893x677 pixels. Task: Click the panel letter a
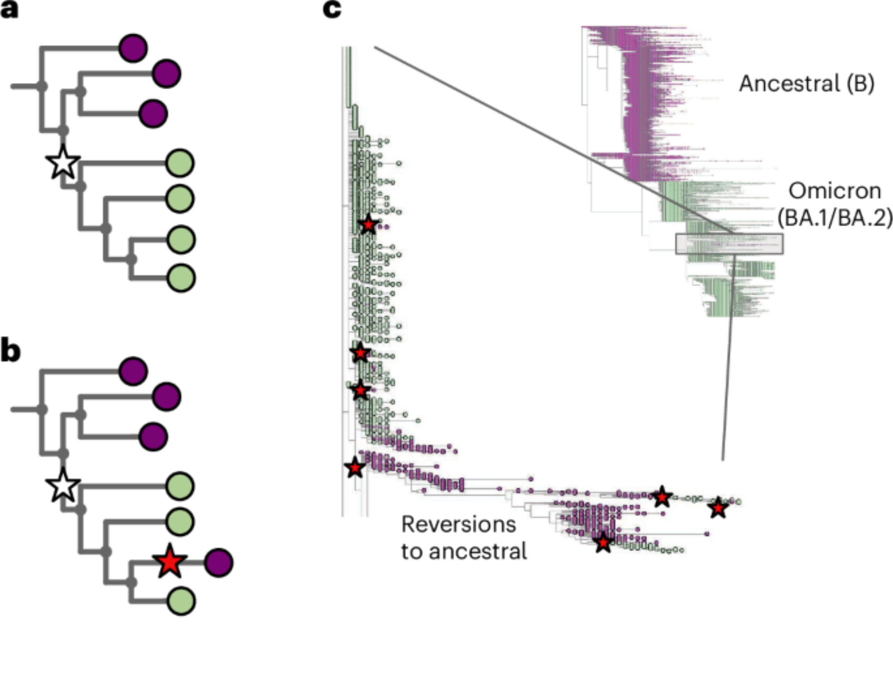coord(9,10)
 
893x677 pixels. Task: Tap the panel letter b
coord(10,352)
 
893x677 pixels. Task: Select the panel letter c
coord(332,9)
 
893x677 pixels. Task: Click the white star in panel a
coord(63,163)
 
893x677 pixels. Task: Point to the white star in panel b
coord(63,486)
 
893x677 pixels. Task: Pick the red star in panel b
coord(170,562)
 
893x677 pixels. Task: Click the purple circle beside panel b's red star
coord(219,562)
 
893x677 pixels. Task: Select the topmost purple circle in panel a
coord(133,48)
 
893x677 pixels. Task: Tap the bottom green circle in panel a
coord(181,278)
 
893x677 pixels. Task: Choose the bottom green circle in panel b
coord(181,601)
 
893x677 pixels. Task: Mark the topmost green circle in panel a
coord(180,163)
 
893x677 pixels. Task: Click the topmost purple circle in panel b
coord(133,371)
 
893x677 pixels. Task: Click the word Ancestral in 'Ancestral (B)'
coord(789,84)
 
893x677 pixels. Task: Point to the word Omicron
coord(835,191)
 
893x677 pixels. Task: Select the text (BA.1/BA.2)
coord(835,219)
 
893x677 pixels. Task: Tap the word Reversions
coord(459,524)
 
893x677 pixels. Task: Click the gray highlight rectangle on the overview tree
coord(729,244)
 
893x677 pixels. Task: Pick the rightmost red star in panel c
coord(718,508)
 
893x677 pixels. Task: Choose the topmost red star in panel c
coord(368,224)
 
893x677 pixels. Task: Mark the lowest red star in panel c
coord(603,543)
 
